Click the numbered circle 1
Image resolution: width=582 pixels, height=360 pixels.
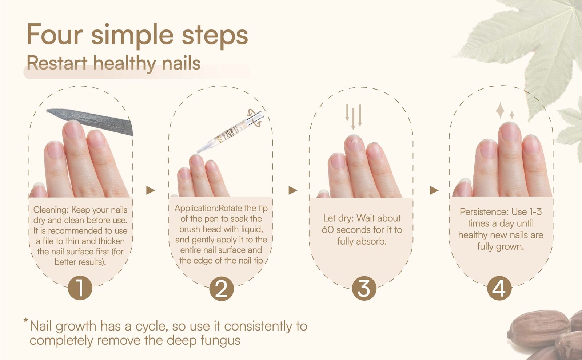click(x=80, y=288)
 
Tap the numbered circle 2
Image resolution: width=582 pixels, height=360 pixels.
click(x=222, y=289)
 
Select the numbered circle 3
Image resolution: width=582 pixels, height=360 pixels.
click(x=364, y=288)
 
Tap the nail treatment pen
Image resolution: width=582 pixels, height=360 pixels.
click(x=230, y=132)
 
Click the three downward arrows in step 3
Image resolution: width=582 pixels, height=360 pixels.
click(x=353, y=117)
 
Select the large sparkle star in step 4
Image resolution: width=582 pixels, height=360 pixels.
click(x=500, y=111)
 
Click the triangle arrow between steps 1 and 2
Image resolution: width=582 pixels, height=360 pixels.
click(x=150, y=190)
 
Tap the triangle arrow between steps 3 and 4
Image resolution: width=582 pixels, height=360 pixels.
click(x=434, y=190)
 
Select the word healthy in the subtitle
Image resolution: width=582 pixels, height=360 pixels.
click(x=125, y=63)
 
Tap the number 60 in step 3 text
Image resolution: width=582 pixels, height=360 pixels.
click(x=328, y=230)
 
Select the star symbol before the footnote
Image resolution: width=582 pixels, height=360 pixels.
click(x=26, y=320)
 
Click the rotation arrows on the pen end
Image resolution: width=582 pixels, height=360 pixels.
click(x=254, y=119)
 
